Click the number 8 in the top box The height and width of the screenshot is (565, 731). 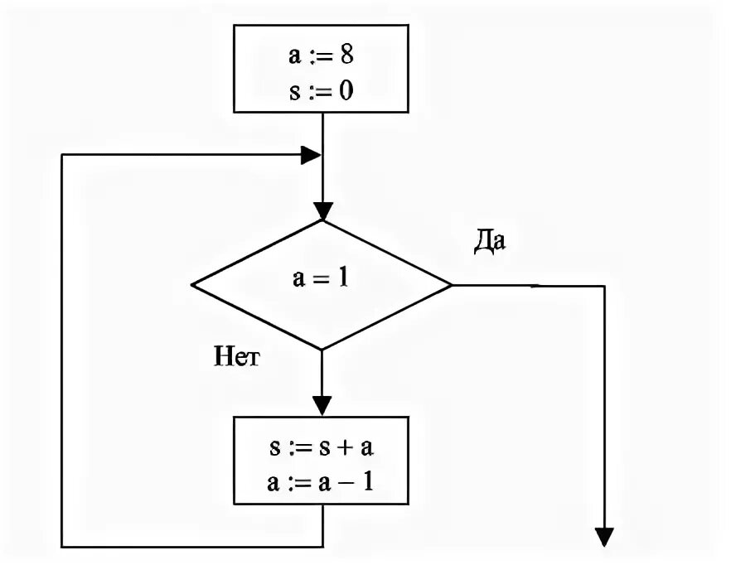pyautogui.click(x=349, y=57)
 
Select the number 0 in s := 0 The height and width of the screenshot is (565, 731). pyautogui.click(x=346, y=89)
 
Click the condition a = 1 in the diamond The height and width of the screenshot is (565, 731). pyautogui.click(x=320, y=278)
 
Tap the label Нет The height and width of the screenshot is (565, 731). pyautogui.click(x=237, y=357)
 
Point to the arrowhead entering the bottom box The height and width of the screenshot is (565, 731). pyautogui.click(x=322, y=405)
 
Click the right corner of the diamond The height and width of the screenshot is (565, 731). pyautogui.click(x=451, y=285)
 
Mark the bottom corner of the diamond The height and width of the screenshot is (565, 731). pyautogui.click(x=322, y=350)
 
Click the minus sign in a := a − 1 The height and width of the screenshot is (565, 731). pyautogui.click(x=347, y=480)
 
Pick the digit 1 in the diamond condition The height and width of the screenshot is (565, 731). pyautogui.click(x=341, y=278)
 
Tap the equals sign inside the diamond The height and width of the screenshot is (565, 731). pyautogui.click(x=320, y=279)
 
